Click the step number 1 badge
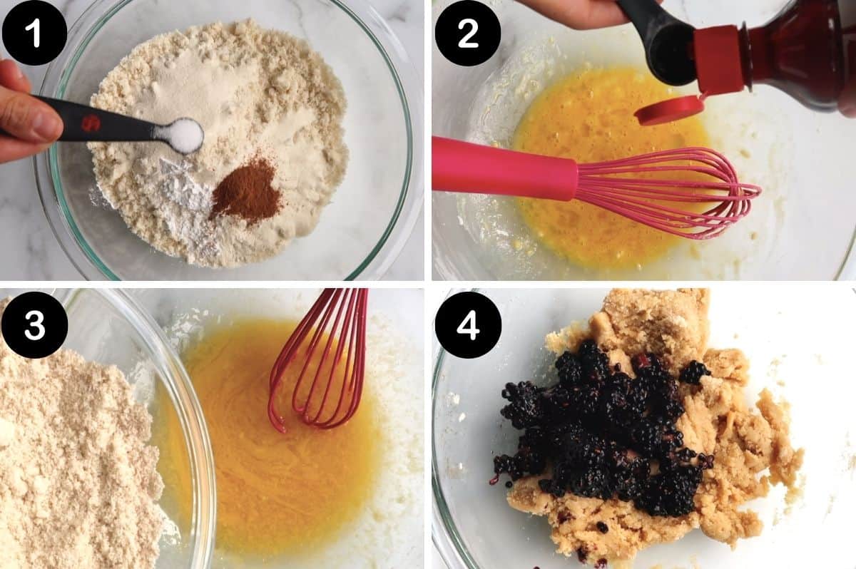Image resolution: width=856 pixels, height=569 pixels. point(34,33)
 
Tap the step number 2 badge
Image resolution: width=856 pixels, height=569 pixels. point(468,33)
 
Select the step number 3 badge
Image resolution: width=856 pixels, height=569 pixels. point(34,324)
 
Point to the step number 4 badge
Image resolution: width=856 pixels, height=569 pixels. point(468,324)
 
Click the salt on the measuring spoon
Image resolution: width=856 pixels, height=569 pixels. point(185,135)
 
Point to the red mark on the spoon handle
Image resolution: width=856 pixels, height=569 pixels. point(91,123)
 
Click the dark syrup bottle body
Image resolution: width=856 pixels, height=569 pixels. point(799,50)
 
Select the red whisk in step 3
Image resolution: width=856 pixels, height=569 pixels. point(321,364)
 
